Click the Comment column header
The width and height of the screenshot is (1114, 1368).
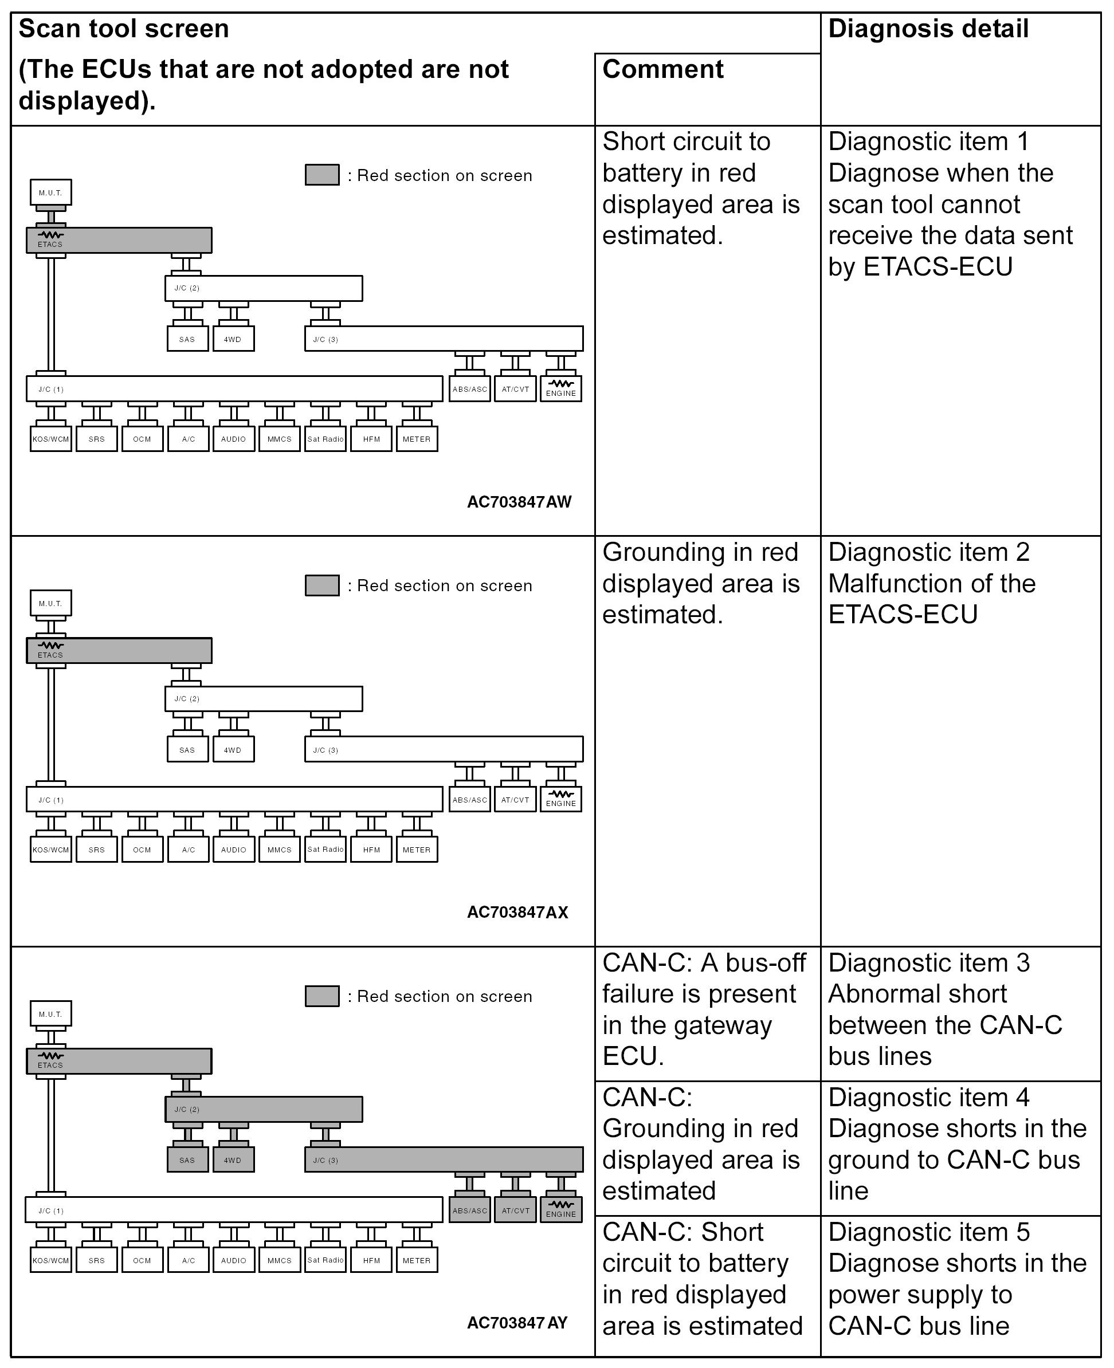[x=662, y=69]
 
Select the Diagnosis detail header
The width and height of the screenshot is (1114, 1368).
[x=928, y=29]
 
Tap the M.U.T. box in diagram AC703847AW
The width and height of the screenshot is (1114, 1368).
[x=50, y=192]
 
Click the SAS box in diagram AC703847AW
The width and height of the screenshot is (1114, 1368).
[x=187, y=339]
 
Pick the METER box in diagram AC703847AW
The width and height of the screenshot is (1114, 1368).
[x=417, y=439]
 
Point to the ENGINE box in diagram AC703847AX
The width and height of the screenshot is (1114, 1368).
[x=561, y=800]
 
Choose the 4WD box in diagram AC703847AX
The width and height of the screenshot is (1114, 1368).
[x=233, y=749]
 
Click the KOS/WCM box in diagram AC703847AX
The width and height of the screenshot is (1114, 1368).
[x=50, y=850]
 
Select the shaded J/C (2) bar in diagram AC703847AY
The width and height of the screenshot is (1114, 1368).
[x=264, y=1109]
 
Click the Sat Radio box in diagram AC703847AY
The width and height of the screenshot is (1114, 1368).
[x=325, y=1260]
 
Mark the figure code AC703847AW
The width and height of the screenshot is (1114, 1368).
[x=519, y=501]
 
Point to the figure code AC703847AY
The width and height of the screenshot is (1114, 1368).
[x=517, y=1323]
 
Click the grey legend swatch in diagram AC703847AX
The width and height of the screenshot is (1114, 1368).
[x=322, y=585]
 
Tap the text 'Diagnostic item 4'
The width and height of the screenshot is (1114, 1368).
[x=928, y=1098]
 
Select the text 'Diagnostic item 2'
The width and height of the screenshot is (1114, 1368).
[x=928, y=552]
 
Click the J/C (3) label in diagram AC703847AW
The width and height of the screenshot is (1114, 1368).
[x=325, y=339]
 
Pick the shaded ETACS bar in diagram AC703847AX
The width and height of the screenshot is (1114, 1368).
[x=119, y=650]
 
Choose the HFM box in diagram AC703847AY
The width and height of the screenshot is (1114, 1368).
[x=371, y=1260]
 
